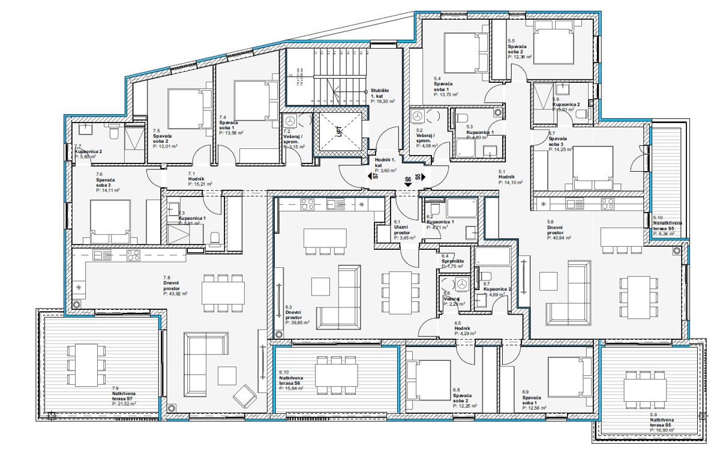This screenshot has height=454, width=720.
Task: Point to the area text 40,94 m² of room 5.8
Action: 559,238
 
